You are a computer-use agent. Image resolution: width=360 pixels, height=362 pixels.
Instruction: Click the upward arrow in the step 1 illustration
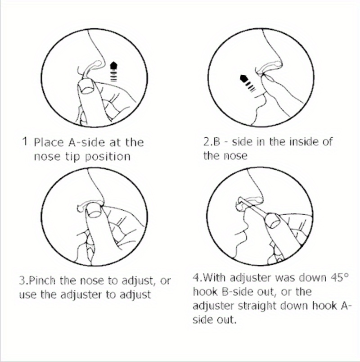(x=113, y=71)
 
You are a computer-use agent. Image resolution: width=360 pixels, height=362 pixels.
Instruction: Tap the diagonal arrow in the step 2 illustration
(x=248, y=83)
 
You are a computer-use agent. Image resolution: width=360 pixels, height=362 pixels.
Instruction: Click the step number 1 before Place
(x=26, y=141)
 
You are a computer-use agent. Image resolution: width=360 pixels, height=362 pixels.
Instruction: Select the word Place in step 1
(x=49, y=142)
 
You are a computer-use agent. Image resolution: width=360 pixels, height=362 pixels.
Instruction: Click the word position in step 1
(x=108, y=157)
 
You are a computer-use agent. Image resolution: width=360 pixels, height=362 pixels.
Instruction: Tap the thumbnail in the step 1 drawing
(x=87, y=88)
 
